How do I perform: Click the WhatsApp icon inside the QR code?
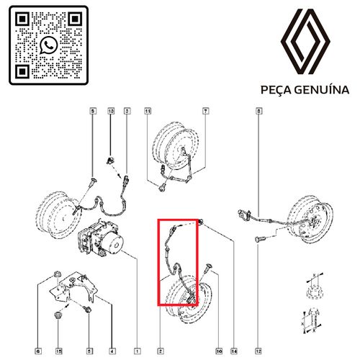(x=49, y=45)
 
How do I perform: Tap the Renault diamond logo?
(x=305, y=42)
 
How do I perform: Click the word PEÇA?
(x=276, y=90)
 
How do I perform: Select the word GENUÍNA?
(x=322, y=89)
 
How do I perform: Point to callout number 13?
(x=111, y=111)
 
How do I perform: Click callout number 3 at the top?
(x=127, y=111)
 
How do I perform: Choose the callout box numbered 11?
(x=148, y=111)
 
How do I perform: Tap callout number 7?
(x=205, y=111)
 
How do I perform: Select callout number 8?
(x=258, y=111)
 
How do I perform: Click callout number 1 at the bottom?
(x=137, y=351)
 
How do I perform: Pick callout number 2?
(x=161, y=351)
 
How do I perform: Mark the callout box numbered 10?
(x=219, y=351)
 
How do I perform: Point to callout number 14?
(x=234, y=351)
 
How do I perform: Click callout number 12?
(x=258, y=351)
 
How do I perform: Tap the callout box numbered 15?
(x=59, y=351)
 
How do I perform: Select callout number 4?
(x=112, y=351)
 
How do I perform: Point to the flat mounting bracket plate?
(x=74, y=287)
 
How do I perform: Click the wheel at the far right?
(x=311, y=219)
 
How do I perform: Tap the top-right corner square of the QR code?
(x=75, y=19)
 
